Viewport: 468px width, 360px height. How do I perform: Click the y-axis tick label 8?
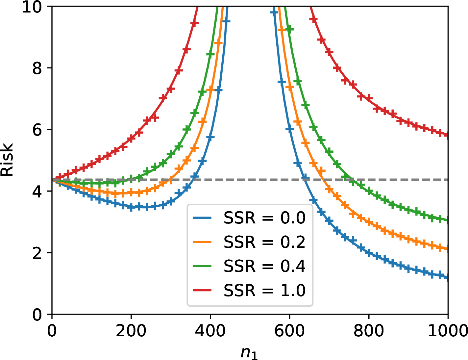point(37,68)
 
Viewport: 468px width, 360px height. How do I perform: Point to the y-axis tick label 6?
point(37,130)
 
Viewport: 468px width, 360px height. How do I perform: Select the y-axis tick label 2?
point(37,253)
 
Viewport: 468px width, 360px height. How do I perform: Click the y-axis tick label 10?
point(32,7)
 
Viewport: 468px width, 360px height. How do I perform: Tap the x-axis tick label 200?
point(131,331)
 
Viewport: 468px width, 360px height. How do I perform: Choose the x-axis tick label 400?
point(210,331)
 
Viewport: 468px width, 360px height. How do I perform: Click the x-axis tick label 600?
point(289,331)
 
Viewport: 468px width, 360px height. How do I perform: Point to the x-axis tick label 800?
point(368,331)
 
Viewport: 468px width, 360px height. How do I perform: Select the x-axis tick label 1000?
point(448,331)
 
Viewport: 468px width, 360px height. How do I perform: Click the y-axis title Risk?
point(7,160)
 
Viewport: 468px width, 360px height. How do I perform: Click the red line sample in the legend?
point(202,290)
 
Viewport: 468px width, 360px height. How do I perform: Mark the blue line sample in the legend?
point(202,218)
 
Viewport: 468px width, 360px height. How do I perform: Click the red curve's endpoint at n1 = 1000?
point(448,135)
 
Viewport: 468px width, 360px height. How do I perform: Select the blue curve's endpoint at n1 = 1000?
point(448,278)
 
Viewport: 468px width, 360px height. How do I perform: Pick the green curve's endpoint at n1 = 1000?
point(448,220)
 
